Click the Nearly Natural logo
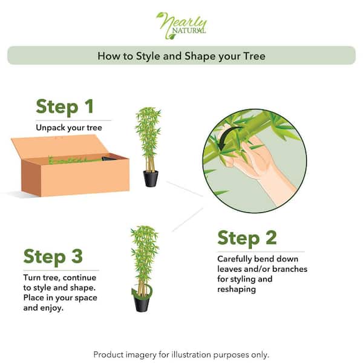181,25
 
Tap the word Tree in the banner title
254,56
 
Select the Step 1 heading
65,106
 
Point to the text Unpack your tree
69,128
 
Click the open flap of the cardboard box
58,147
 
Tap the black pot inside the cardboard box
109,159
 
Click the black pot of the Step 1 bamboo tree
151,178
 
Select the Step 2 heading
247,238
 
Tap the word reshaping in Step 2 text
237,289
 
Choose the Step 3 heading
53,257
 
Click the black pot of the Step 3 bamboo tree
141,303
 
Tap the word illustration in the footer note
191,355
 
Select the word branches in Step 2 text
290,269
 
